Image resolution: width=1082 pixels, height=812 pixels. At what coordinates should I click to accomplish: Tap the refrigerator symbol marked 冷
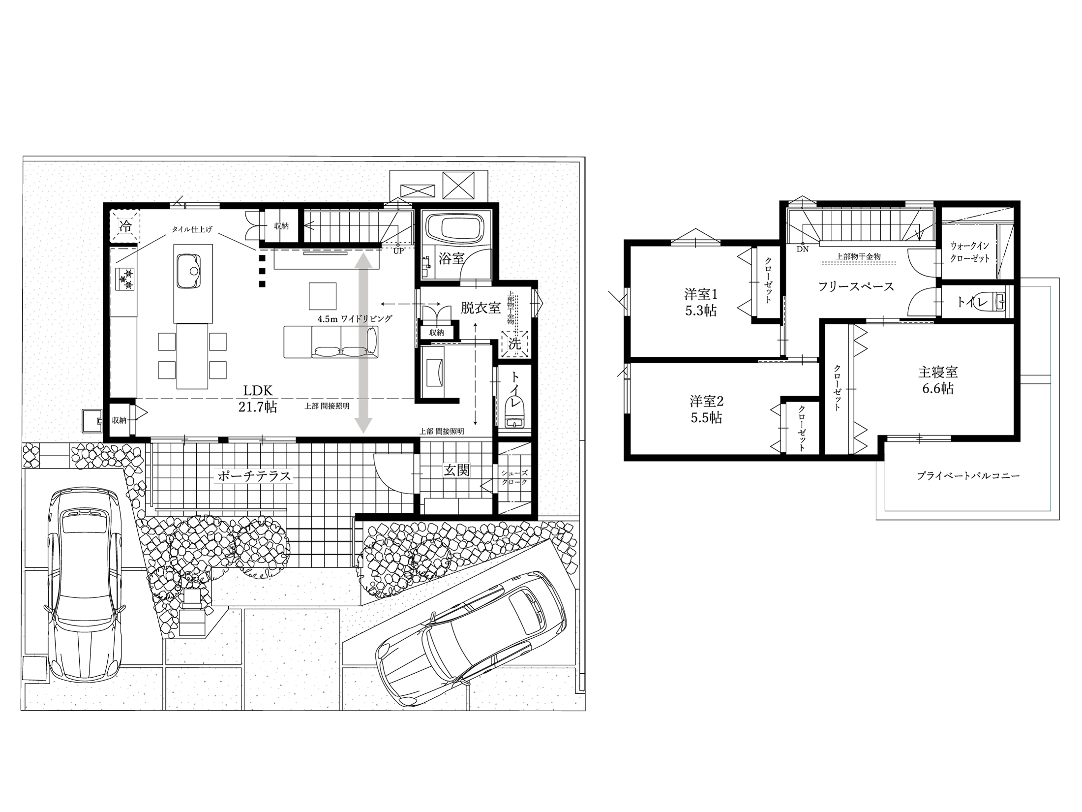coord(125,226)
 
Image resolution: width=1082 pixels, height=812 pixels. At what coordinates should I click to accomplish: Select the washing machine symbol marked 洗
coord(514,344)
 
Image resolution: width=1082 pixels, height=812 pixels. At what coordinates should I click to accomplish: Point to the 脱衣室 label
coord(481,308)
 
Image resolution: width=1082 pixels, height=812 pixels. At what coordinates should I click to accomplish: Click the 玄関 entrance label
coord(456,470)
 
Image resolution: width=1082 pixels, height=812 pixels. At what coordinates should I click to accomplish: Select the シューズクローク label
coord(514,477)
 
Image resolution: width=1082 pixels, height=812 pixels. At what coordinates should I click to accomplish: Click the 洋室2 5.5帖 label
coord(706,409)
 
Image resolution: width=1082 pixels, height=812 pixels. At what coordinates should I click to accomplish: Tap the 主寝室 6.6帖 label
coord(938,380)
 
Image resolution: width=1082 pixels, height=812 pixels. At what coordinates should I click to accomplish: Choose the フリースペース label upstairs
coord(856,286)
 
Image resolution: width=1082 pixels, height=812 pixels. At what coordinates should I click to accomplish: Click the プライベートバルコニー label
coord(968,476)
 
